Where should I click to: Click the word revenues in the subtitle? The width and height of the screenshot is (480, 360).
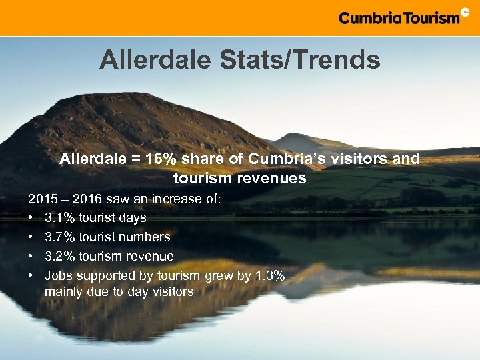pos(271,178)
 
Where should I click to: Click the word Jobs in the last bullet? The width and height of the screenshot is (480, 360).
pos(59,275)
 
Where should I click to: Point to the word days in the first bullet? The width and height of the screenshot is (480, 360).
pos(131,217)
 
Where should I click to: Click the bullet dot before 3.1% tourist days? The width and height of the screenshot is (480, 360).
pos(31,218)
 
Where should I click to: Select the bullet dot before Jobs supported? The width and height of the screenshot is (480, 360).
pos(31,276)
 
